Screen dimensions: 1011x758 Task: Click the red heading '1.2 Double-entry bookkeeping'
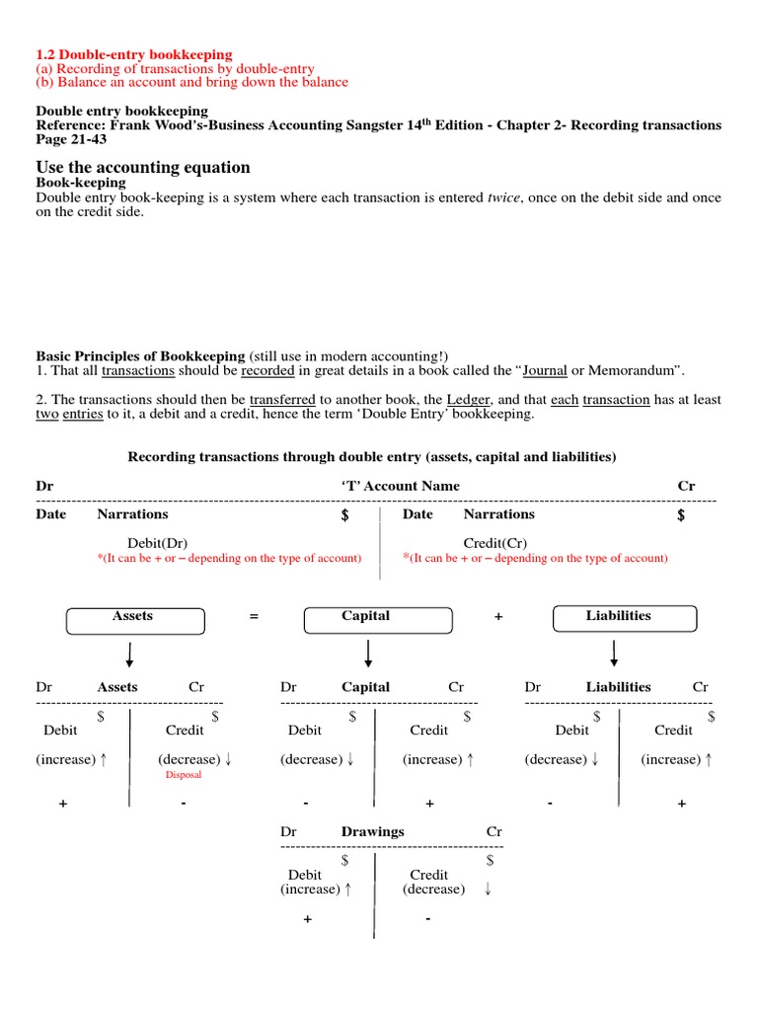tap(134, 54)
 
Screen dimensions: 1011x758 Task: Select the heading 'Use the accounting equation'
tap(143, 167)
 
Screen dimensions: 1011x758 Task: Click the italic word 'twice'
tap(500, 197)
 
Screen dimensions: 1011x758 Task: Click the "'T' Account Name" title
tap(400, 486)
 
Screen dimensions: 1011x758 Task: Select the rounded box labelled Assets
tap(135, 618)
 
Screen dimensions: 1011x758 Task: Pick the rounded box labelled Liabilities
tap(625, 618)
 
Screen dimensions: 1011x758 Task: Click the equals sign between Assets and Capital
tap(254, 617)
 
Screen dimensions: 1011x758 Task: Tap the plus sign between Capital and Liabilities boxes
tap(498, 617)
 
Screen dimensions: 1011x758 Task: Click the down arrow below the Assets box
tap(129, 653)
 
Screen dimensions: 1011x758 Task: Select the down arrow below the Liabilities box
tap(615, 653)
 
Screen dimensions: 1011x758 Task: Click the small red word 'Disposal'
tap(183, 775)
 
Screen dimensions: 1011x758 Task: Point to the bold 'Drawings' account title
tap(372, 831)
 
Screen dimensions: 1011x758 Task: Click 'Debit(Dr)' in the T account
tap(157, 542)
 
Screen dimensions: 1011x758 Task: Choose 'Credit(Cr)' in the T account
tap(494, 542)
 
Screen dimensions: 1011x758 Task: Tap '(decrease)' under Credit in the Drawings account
tap(433, 889)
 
